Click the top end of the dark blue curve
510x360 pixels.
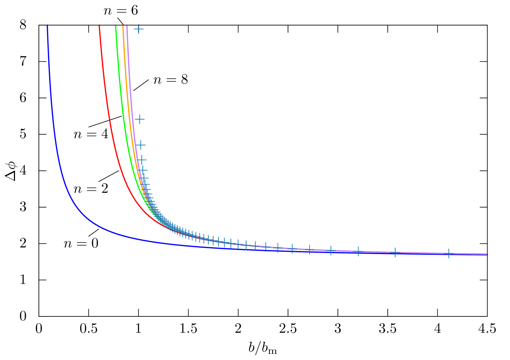click(x=47, y=26)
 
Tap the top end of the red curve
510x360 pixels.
click(x=99, y=26)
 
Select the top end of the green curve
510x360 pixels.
click(x=116, y=26)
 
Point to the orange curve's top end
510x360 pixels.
click(x=123, y=26)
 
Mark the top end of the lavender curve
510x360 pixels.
click(x=127, y=26)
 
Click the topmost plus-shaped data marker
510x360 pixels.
click(x=139, y=29)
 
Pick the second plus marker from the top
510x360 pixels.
click(x=139, y=119)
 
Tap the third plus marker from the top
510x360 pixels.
click(x=141, y=145)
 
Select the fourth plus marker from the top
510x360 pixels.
click(x=142, y=159)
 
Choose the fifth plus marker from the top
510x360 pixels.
click(x=144, y=170)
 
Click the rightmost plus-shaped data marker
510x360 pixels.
click(x=449, y=253)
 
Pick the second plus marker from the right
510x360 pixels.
click(x=395, y=252)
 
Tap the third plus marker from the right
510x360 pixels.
click(x=358, y=251)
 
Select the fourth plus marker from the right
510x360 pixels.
click(x=331, y=250)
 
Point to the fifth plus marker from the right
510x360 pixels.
click(x=310, y=249)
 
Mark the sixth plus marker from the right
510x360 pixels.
click(x=292, y=249)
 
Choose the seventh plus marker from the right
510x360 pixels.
click(x=278, y=248)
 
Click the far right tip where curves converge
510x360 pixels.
click(x=487, y=254)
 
